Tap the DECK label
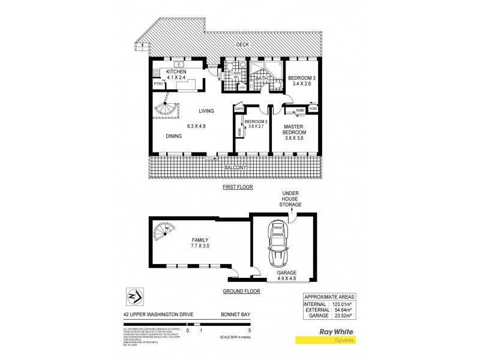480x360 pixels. pos(242,44)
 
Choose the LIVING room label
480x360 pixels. pos(208,110)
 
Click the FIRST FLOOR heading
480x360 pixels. pos(238,187)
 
